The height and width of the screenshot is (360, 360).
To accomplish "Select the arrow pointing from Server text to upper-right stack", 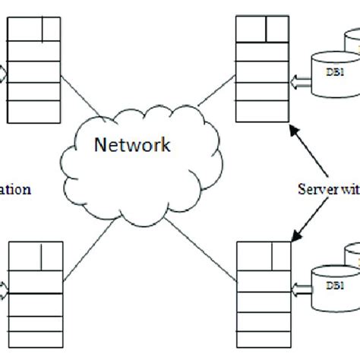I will coord(303,152).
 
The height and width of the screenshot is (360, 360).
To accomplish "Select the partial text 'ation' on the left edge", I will coord(15,189).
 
